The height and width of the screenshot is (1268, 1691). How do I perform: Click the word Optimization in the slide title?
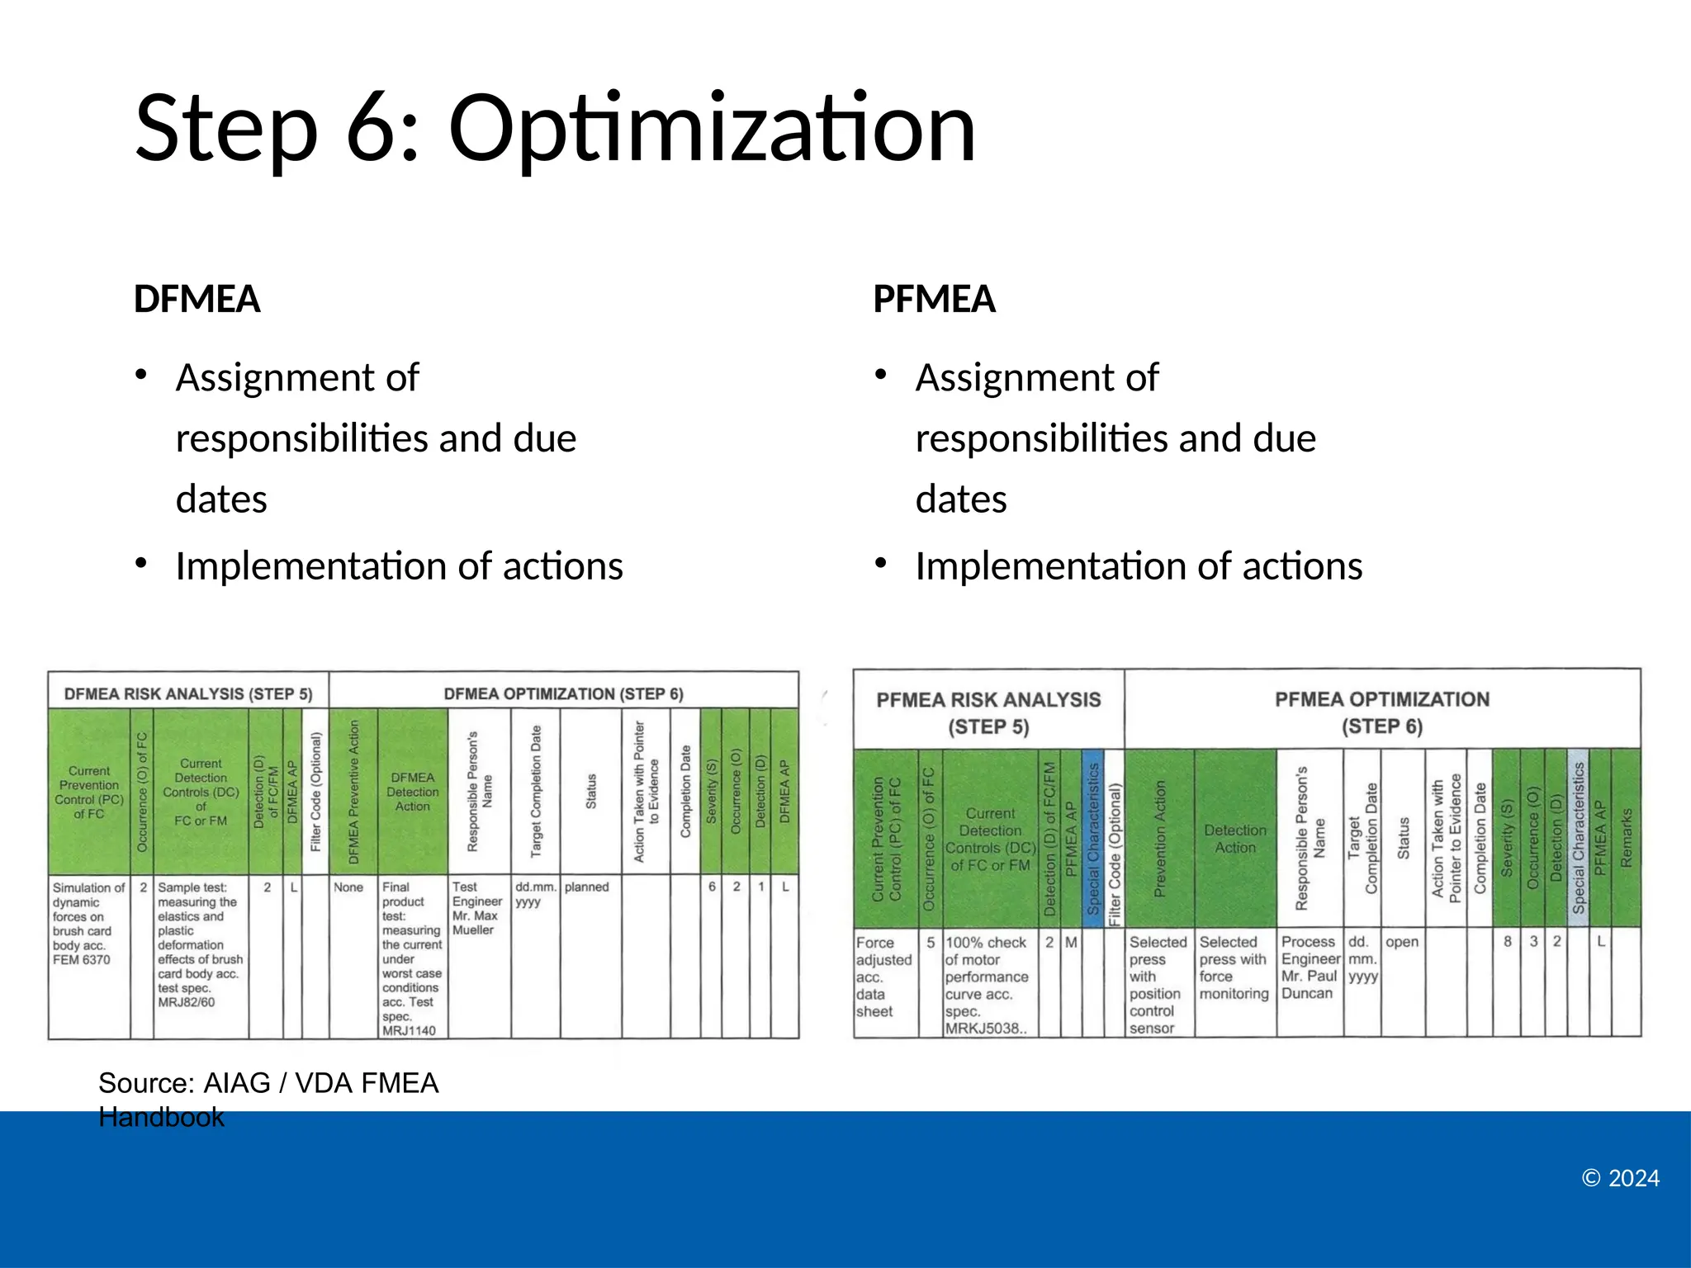(x=712, y=129)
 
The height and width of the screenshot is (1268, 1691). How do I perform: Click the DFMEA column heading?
(x=197, y=299)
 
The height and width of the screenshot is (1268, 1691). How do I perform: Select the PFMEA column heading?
(x=934, y=299)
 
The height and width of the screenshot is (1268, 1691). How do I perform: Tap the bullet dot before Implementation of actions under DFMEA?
(x=141, y=564)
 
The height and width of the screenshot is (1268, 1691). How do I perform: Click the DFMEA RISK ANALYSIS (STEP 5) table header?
(x=188, y=693)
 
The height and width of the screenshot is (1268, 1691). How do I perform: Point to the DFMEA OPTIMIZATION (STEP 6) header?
(x=563, y=693)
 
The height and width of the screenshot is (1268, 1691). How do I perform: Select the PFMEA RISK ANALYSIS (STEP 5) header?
(x=988, y=712)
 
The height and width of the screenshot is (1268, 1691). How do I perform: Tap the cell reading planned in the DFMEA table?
(x=587, y=887)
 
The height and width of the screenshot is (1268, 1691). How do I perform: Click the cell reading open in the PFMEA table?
(x=1401, y=942)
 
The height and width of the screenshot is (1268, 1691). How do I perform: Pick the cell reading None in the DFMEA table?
(x=348, y=887)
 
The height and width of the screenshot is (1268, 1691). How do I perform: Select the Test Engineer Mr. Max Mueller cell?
(x=477, y=908)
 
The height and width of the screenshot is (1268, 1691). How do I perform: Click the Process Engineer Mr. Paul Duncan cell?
(x=1309, y=968)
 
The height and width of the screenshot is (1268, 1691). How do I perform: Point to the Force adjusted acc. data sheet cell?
(x=883, y=977)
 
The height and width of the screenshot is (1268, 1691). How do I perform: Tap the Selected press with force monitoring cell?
(x=1234, y=968)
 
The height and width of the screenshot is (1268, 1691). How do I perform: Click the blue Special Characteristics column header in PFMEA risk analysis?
(x=1092, y=837)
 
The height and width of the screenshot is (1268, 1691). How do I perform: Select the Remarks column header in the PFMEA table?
(x=1626, y=837)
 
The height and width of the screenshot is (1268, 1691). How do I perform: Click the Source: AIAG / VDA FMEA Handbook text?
(x=268, y=1099)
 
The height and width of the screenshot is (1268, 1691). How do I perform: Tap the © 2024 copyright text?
(x=1620, y=1178)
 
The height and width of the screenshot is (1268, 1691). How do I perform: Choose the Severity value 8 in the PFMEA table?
(x=1507, y=942)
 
